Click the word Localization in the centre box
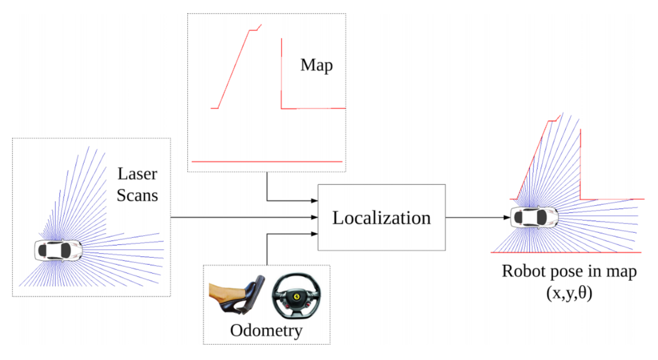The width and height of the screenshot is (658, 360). point(381,218)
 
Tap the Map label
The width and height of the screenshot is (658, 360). point(317,65)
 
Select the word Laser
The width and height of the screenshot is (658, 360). point(137,174)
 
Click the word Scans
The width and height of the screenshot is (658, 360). point(137,195)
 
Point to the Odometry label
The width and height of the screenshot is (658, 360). point(266,331)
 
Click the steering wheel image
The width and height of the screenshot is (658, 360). point(297,296)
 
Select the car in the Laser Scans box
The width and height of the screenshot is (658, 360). point(58,250)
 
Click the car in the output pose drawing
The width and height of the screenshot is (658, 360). point(534,217)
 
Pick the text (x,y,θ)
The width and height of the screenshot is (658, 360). point(569,292)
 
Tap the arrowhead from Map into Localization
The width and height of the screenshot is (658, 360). point(314,201)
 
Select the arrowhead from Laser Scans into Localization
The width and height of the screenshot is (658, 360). point(314,217)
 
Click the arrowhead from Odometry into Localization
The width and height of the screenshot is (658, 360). point(314,233)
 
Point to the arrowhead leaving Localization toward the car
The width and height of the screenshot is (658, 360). point(507,217)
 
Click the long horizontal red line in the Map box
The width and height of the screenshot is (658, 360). point(267,161)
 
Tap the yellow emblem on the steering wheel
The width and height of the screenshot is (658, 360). point(297,297)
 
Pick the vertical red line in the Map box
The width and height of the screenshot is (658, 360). point(281,74)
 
